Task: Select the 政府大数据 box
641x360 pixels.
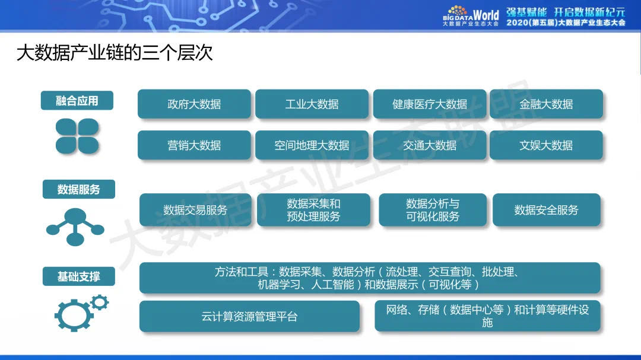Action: [194, 104]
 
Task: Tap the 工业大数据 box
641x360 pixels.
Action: [312, 104]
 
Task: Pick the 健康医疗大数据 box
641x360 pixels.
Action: [429, 104]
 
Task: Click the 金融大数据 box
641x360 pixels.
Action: [546, 104]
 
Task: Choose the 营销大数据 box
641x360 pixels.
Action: [194, 145]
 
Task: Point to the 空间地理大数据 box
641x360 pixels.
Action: [312, 145]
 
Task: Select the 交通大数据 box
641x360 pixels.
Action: [429, 145]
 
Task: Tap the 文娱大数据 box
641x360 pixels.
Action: [546, 145]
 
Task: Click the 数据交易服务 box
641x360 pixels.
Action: [195, 210]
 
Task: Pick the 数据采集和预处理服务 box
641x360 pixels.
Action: [313, 210]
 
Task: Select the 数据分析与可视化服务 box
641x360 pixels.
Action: [432, 210]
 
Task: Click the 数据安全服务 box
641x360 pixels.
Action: [546, 210]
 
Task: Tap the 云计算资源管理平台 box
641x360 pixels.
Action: [249, 317]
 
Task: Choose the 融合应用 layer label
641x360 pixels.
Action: [77, 101]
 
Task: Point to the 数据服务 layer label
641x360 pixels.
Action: [78, 190]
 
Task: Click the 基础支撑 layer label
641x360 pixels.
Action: [78, 277]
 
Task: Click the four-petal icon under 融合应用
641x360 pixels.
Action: [77, 136]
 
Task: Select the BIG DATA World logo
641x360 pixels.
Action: [471, 16]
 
